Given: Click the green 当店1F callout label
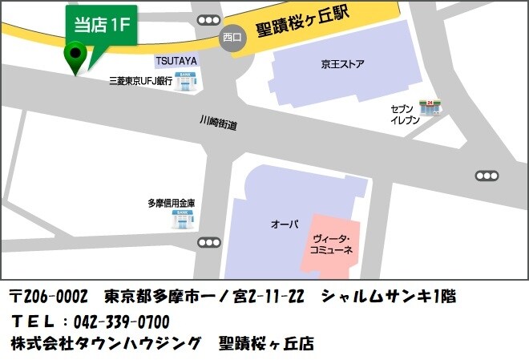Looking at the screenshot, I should point(101,25).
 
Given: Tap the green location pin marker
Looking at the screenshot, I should point(76,58).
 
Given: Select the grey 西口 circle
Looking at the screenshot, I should point(232,37).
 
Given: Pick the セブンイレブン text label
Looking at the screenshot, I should point(404,113).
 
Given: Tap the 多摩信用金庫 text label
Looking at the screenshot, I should point(172,204).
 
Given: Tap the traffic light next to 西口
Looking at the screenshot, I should point(209,20).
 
